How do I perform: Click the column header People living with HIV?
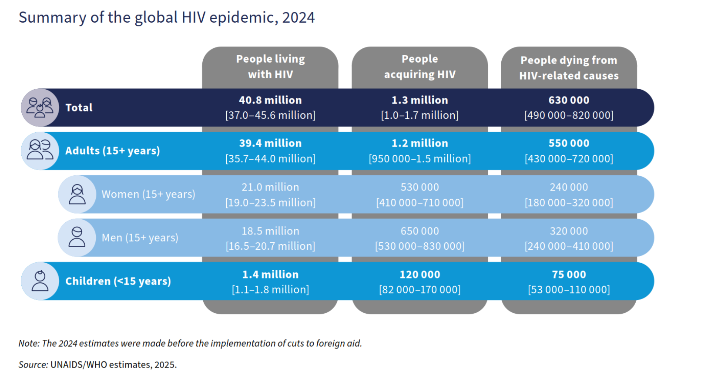(x=270, y=66)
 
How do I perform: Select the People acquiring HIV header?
(x=419, y=66)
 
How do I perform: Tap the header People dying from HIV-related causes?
(x=569, y=67)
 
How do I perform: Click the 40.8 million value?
(x=270, y=100)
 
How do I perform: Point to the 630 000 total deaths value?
(x=569, y=100)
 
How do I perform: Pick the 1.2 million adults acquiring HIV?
(x=419, y=143)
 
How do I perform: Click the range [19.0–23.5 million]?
(x=270, y=202)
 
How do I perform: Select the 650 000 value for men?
(x=419, y=231)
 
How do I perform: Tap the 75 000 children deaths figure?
(x=569, y=275)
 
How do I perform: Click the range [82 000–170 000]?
(x=419, y=290)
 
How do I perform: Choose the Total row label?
(x=79, y=107)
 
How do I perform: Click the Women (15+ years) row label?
(x=148, y=194)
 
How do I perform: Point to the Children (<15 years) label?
(x=118, y=281)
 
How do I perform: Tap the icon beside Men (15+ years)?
(x=77, y=238)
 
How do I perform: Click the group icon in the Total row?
(x=40, y=107)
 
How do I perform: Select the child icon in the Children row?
(x=40, y=281)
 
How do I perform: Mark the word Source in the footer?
(x=33, y=365)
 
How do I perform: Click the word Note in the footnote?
(x=29, y=343)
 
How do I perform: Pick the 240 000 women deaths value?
(x=569, y=187)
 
